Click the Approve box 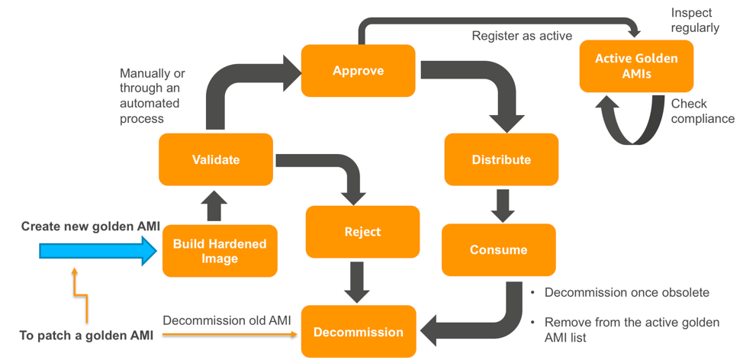pos(358,71)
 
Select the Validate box pos(216,159)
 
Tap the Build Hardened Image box pos(220,250)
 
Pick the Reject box pos(362,232)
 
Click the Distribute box pos(501,159)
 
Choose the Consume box pos(498,249)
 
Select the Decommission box pos(358,332)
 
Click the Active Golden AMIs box pos(635,66)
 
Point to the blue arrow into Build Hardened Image pos(92,251)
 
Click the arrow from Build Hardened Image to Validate pos(216,204)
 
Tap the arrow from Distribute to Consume pos(501,204)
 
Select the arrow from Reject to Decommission pos(356,281)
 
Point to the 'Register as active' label pos(522,36)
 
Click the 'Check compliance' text pos(702,111)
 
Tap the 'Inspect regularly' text pos(694,21)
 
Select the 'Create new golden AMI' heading pos(90,226)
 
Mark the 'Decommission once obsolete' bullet pos(626,293)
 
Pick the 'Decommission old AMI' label pos(227,320)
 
